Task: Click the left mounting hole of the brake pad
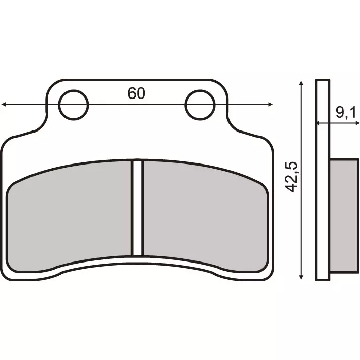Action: pyautogui.click(x=74, y=105)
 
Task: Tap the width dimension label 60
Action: pyautogui.click(x=136, y=93)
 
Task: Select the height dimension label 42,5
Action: pyautogui.click(x=291, y=177)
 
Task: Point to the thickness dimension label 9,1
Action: pyautogui.click(x=345, y=113)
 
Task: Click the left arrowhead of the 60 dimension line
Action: pyautogui.click(x=4, y=105)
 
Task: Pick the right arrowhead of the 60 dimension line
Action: pyautogui.click(x=271, y=105)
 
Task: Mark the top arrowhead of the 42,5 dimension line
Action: pyautogui.click(x=302, y=83)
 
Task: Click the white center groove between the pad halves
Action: pyautogui.click(x=136, y=208)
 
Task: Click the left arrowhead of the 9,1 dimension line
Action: pyautogui.click(x=318, y=123)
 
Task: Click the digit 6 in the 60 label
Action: pyautogui.click(x=132, y=93)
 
